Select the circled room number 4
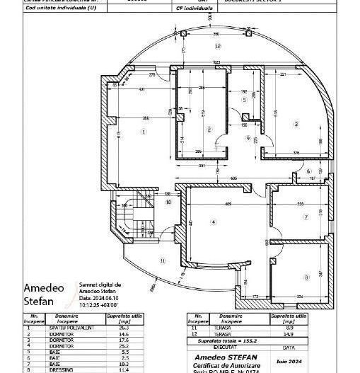pyautogui.click(x=212, y=222)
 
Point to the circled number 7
pyautogui.click(x=306, y=217)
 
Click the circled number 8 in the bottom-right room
pyautogui.click(x=306, y=277)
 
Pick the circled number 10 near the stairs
pyautogui.click(x=168, y=202)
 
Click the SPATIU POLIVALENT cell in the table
pyautogui.click(x=62, y=328)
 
